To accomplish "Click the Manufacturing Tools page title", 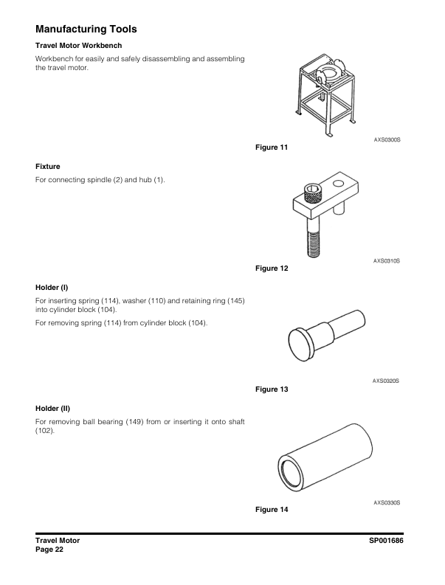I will pyautogui.click(x=86, y=30).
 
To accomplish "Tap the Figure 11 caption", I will pyautogui.click(x=271, y=148).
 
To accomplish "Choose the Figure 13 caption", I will pyautogui.click(x=271, y=389).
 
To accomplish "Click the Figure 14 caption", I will pyautogui.click(x=271, y=510).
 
